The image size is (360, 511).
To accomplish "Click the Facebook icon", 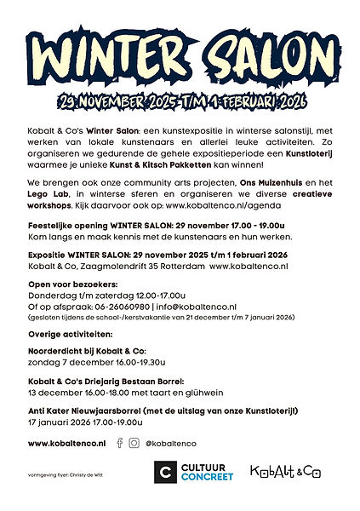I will pyautogui.click(x=119, y=443).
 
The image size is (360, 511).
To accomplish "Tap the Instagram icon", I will pyautogui.click(x=134, y=443).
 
